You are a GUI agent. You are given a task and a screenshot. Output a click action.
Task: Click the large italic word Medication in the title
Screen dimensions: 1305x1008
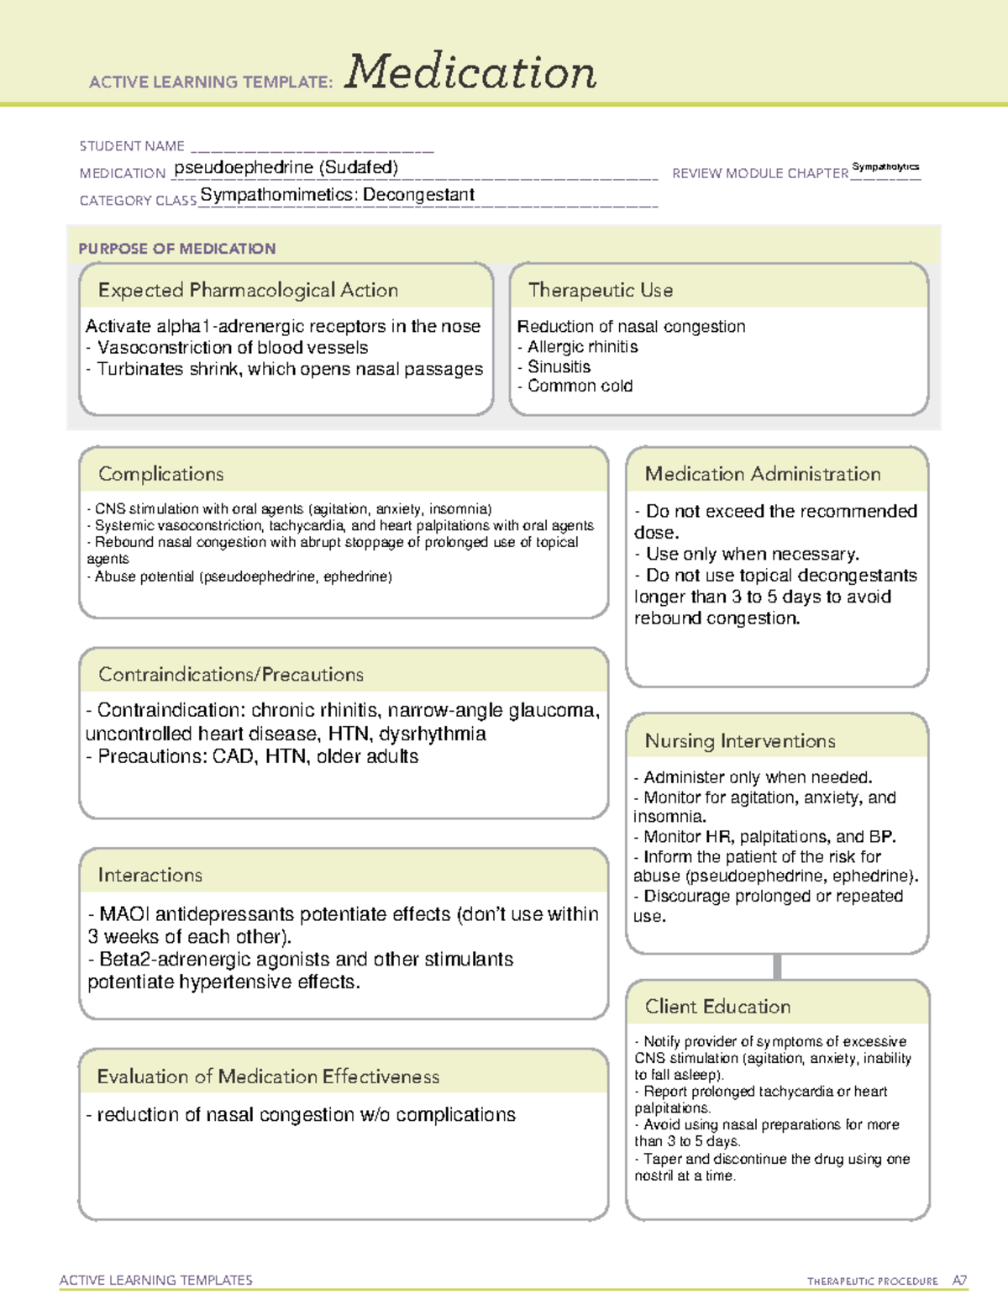click(470, 72)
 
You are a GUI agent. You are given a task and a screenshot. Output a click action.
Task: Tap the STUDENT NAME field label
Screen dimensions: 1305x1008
click(132, 146)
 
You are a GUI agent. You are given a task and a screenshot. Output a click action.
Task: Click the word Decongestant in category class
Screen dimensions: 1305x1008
click(419, 195)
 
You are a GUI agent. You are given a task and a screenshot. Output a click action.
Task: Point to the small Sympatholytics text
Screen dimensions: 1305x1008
click(885, 167)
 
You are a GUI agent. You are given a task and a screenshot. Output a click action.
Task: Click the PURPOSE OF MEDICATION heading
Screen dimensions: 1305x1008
click(177, 249)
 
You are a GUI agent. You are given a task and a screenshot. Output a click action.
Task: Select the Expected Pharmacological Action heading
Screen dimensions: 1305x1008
click(248, 291)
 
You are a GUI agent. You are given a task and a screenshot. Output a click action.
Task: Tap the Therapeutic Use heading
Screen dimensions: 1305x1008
click(601, 291)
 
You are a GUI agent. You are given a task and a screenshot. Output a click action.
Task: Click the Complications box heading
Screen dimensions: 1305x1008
click(161, 475)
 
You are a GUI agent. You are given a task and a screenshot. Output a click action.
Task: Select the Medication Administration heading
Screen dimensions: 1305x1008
click(763, 475)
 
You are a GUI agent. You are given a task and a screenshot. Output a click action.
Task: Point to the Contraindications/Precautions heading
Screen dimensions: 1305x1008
click(231, 675)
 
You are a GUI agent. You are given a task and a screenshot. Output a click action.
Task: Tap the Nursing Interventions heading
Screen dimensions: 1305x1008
click(740, 741)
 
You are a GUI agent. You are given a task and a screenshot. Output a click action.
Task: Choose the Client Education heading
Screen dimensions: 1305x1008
click(717, 1007)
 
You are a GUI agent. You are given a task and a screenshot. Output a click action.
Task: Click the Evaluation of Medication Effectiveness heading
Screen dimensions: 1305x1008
click(268, 1077)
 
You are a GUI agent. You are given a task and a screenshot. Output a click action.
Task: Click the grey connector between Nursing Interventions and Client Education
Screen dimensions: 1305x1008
click(777, 967)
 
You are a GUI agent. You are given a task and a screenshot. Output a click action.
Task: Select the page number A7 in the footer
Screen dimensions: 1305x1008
click(959, 1281)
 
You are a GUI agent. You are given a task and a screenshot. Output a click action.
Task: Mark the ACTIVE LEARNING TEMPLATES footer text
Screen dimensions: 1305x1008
click(156, 1281)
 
